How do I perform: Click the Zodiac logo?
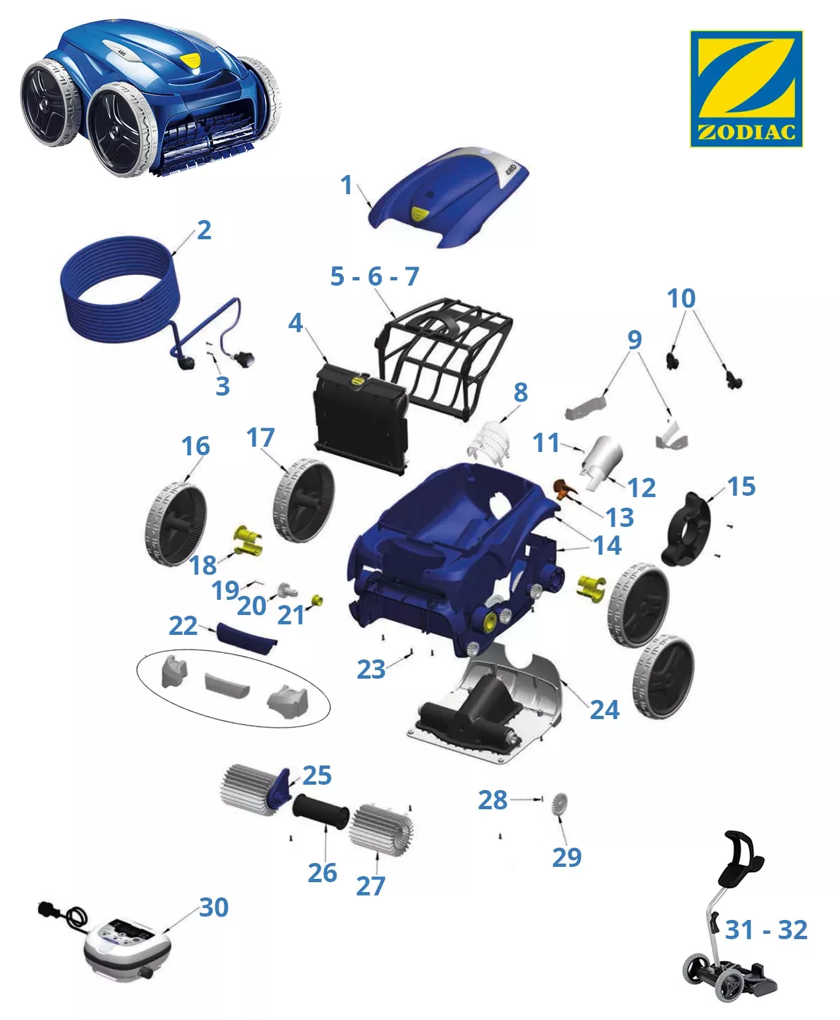[746, 88]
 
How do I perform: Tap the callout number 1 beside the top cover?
[346, 185]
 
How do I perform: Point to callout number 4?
[295, 323]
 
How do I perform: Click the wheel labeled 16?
[176, 524]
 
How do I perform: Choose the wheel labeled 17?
[303, 499]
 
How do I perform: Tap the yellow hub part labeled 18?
[248, 541]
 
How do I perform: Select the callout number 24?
[604, 710]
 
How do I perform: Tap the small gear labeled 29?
[559, 803]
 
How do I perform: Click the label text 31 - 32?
[766, 930]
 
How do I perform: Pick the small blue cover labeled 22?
[246, 638]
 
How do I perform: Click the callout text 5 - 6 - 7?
[374, 276]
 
